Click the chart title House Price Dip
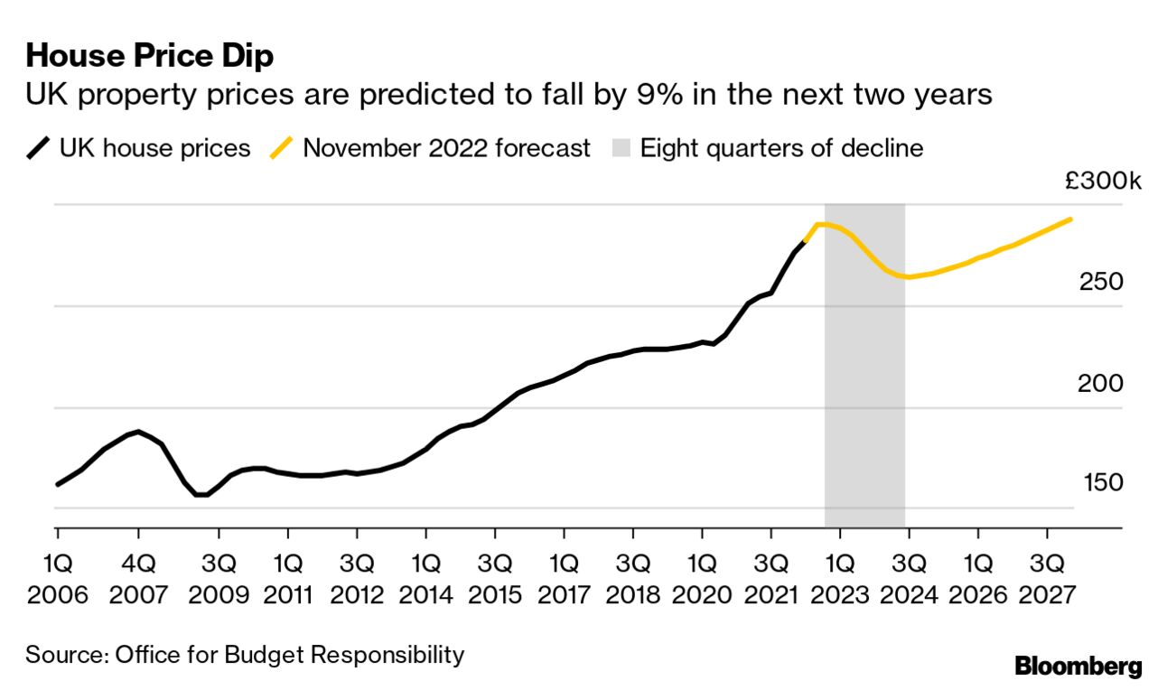coord(150,56)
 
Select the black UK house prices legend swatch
coord(39,149)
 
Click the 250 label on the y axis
coord(1100,283)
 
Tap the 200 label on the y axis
coord(1100,384)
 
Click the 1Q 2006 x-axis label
coord(58,580)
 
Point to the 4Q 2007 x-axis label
coord(138,580)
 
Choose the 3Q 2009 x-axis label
coord(219,580)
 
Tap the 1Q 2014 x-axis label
coord(425,580)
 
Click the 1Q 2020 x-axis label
coord(702,580)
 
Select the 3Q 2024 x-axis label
coord(909,580)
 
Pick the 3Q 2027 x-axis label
coord(1047,580)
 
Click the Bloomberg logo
coord(1078,667)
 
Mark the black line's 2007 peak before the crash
coord(137,432)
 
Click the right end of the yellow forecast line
coord(1071,219)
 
